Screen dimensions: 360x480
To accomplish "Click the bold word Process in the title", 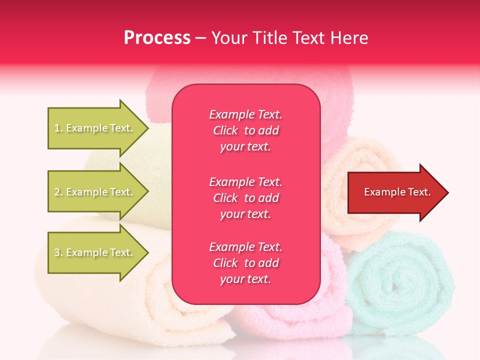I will click(x=157, y=38).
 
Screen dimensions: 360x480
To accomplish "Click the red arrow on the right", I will click(x=395, y=192).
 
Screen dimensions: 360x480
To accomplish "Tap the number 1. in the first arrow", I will click(x=58, y=128).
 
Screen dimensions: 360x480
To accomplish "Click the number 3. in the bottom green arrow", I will click(x=58, y=253).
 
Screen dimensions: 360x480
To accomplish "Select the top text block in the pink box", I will click(x=245, y=130).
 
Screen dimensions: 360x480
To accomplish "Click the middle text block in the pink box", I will click(x=245, y=198).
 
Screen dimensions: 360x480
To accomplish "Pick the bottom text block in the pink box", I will click(x=245, y=263).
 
